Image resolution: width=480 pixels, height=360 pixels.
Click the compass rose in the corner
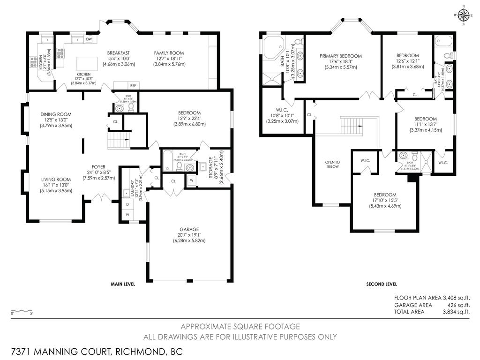pyautogui.click(x=464, y=15)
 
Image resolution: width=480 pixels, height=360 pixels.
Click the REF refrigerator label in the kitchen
pyautogui.click(x=133, y=85)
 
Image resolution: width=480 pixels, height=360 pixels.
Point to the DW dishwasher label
pyautogui.click(x=89, y=39)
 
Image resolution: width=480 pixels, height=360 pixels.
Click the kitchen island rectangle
pyautogui.click(x=84, y=63)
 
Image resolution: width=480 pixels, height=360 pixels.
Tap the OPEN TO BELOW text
pyautogui.click(x=332, y=164)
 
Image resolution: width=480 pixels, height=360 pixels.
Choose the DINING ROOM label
pyautogui.click(x=56, y=114)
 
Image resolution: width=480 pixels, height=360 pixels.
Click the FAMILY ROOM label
pyautogui.click(x=169, y=53)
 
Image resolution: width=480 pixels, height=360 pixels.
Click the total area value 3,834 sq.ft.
pyautogui.click(x=456, y=311)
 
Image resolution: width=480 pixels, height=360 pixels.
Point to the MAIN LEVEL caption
pyautogui.click(x=123, y=284)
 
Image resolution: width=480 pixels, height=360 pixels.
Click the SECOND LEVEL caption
pyautogui.click(x=381, y=284)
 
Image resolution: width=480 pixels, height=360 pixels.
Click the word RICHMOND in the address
pyautogui.click(x=133, y=351)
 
